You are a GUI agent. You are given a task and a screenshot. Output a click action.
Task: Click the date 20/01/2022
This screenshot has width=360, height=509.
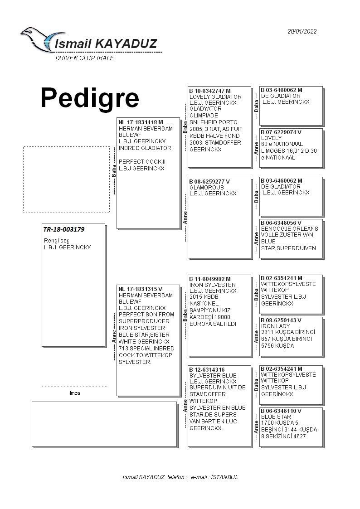(x=302, y=31)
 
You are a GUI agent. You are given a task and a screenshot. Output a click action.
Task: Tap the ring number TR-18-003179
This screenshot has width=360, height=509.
(x=63, y=229)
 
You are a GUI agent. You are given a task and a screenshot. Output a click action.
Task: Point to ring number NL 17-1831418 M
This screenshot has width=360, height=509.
(x=141, y=122)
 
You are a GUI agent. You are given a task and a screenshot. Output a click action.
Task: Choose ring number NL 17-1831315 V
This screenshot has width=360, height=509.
(x=140, y=289)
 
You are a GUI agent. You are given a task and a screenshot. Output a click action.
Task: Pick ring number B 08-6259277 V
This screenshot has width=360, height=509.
(x=209, y=181)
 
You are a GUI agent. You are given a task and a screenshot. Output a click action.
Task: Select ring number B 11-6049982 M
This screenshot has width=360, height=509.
(x=210, y=279)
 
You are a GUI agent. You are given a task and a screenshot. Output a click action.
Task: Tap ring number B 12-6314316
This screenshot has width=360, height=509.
(x=207, y=370)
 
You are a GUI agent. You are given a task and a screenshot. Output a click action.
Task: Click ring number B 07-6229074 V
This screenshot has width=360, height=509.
(x=281, y=132)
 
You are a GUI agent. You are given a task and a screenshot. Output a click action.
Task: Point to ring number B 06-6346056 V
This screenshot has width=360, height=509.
(x=281, y=223)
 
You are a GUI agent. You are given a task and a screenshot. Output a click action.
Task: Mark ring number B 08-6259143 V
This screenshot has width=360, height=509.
(x=281, y=320)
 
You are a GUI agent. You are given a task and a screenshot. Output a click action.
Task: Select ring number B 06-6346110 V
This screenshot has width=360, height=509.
(x=281, y=411)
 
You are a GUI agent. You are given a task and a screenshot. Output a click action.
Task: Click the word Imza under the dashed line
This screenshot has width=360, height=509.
(x=75, y=393)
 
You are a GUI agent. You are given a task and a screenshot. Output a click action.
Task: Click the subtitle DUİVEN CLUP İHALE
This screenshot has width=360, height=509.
(x=84, y=58)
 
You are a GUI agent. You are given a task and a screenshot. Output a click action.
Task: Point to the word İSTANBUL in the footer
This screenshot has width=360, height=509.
(x=225, y=477)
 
